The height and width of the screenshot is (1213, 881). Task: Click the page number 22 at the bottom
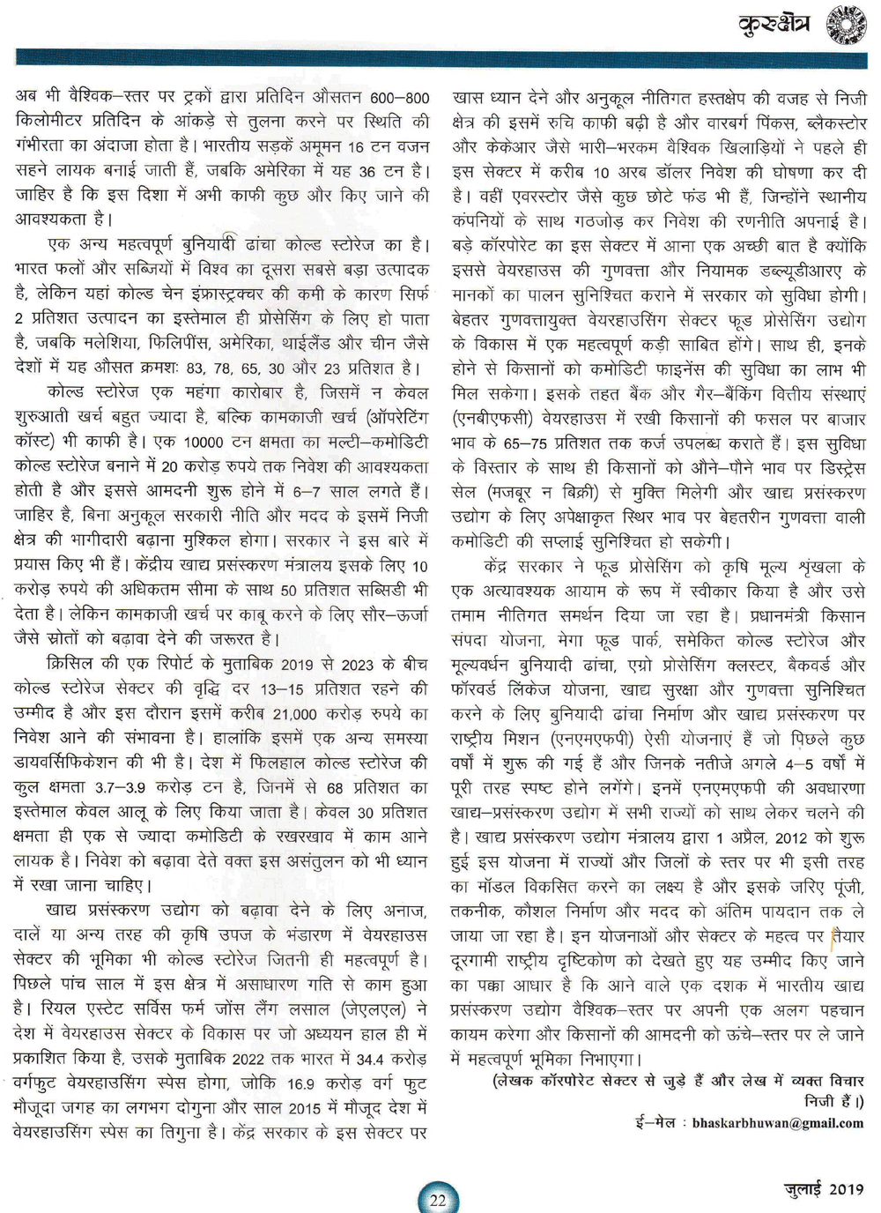coord(438,1198)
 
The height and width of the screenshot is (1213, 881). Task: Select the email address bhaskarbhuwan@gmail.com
coord(777,1123)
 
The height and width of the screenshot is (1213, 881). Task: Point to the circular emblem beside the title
coord(846,25)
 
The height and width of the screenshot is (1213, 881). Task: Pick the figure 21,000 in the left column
coord(294,714)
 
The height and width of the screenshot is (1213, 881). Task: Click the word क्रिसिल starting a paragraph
coord(76,664)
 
